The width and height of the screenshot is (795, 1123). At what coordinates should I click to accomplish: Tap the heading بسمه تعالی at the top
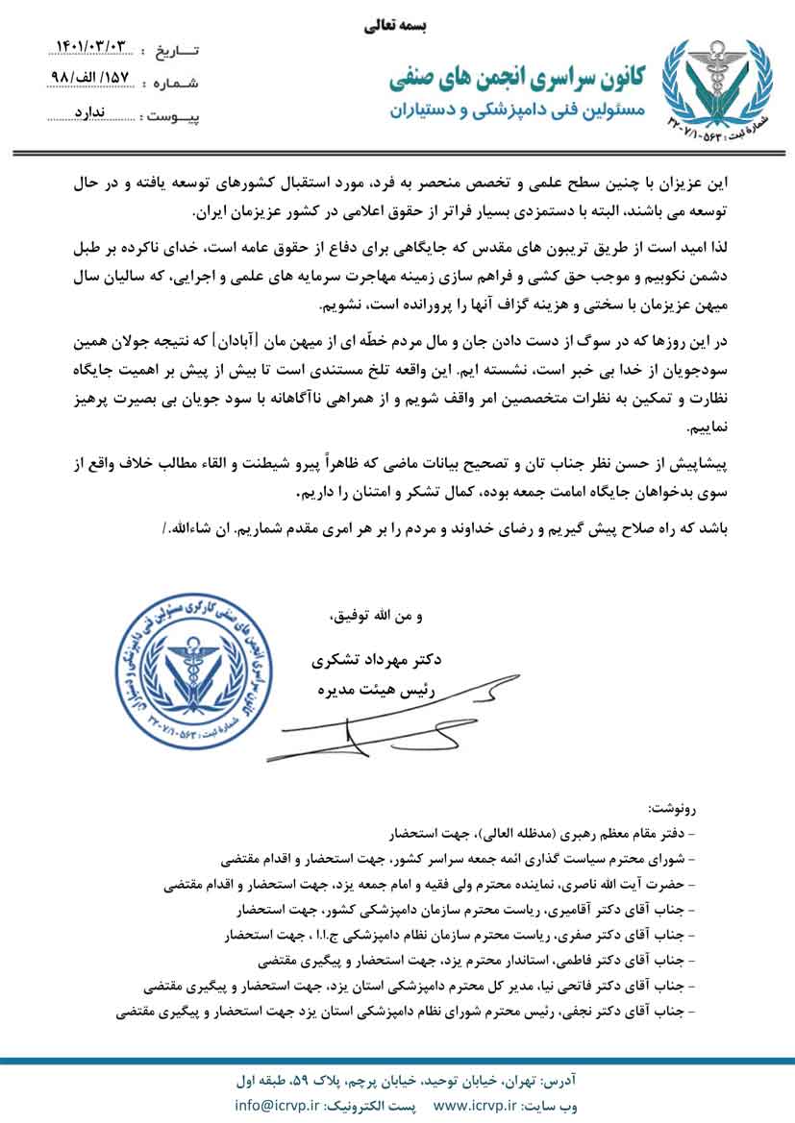pos(397,27)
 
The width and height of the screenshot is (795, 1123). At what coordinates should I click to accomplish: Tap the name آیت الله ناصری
pos(624,881)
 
